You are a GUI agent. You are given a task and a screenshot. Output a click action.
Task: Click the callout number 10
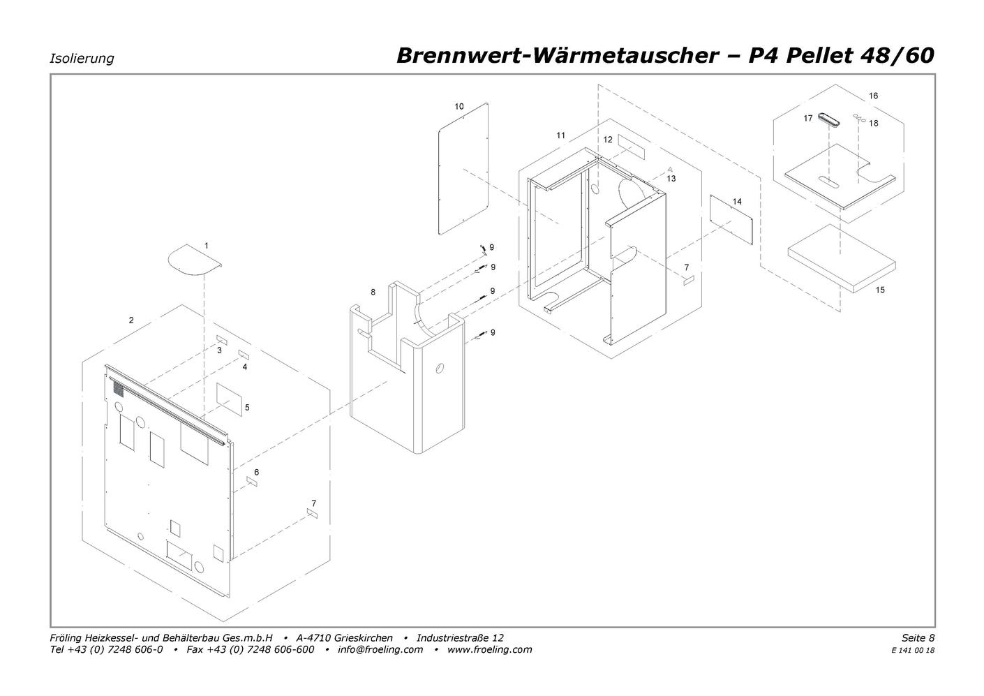click(459, 106)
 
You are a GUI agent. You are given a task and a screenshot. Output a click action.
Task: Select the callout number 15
click(880, 290)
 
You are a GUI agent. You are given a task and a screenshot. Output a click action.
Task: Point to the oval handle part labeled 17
click(828, 119)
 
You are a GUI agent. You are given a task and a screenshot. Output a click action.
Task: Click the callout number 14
click(737, 201)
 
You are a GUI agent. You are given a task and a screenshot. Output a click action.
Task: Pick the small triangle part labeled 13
click(671, 168)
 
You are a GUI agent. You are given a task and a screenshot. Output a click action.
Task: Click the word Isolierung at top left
click(82, 59)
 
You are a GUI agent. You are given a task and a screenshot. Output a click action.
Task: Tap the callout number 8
click(373, 293)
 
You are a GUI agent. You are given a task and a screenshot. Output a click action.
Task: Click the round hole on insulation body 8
click(440, 368)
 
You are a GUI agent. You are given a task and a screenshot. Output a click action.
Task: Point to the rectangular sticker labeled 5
click(229, 399)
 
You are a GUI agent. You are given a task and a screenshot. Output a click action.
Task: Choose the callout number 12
click(608, 140)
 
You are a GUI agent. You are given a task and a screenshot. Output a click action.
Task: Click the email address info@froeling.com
click(380, 649)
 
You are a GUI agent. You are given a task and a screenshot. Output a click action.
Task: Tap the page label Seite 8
click(918, 637)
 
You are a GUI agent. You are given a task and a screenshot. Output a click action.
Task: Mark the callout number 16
click(873, 96)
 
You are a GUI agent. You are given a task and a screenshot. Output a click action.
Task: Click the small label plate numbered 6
click(252, 481)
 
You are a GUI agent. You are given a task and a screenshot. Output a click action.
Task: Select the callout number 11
click(560, 135)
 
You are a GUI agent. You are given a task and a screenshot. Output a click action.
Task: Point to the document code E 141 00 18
click(913, 651)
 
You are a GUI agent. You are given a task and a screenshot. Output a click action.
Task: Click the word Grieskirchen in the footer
click(364, 638)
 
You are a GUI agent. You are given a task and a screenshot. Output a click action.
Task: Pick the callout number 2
click(131, 320)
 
